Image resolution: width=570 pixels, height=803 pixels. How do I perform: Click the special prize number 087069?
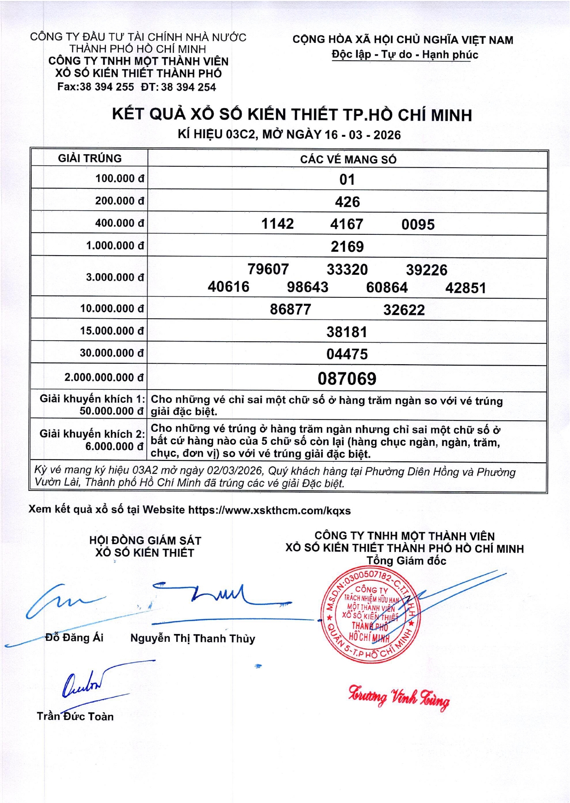pos(347,378)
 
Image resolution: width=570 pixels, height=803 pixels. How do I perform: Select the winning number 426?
pos(347,202)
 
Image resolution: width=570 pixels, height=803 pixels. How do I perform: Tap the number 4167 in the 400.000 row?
pos(347,224)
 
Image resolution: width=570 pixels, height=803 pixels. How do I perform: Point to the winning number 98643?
pos(308,287)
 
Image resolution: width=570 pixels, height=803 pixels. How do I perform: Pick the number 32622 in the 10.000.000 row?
pos(404,309)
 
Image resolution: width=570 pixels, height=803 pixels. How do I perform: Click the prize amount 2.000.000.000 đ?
pos(104,378)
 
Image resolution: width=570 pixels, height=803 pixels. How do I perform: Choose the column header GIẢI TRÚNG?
pos(90,158)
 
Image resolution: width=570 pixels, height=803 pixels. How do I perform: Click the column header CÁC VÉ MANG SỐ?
pos(348,159)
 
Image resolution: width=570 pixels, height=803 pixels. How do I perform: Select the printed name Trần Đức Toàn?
pos(75,716)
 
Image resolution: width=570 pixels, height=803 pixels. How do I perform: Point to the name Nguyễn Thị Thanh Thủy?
pos(192,638)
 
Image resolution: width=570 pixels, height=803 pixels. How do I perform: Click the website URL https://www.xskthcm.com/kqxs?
pos(269,510)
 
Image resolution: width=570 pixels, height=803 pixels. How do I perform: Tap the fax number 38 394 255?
pos(107,87)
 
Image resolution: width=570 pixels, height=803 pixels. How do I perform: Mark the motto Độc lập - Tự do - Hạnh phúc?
pos(405,54)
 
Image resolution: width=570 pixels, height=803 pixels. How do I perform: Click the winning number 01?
pos(347,179)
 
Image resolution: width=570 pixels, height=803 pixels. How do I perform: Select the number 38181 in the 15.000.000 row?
pos(347,332)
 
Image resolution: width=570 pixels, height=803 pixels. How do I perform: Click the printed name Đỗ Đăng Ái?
pos(74,637)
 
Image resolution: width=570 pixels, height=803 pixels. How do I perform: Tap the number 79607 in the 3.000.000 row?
pos(268,269)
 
